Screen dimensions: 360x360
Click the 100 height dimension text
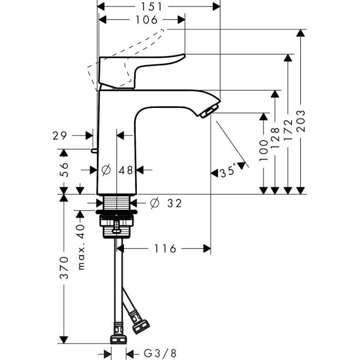click(263, 145)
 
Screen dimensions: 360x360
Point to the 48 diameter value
click(126, 171)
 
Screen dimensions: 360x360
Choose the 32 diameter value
click(174, 204)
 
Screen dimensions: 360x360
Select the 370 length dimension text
click(64, 268)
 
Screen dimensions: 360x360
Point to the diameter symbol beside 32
click(155, 204)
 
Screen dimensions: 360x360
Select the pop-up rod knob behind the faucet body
click(94, 150)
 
